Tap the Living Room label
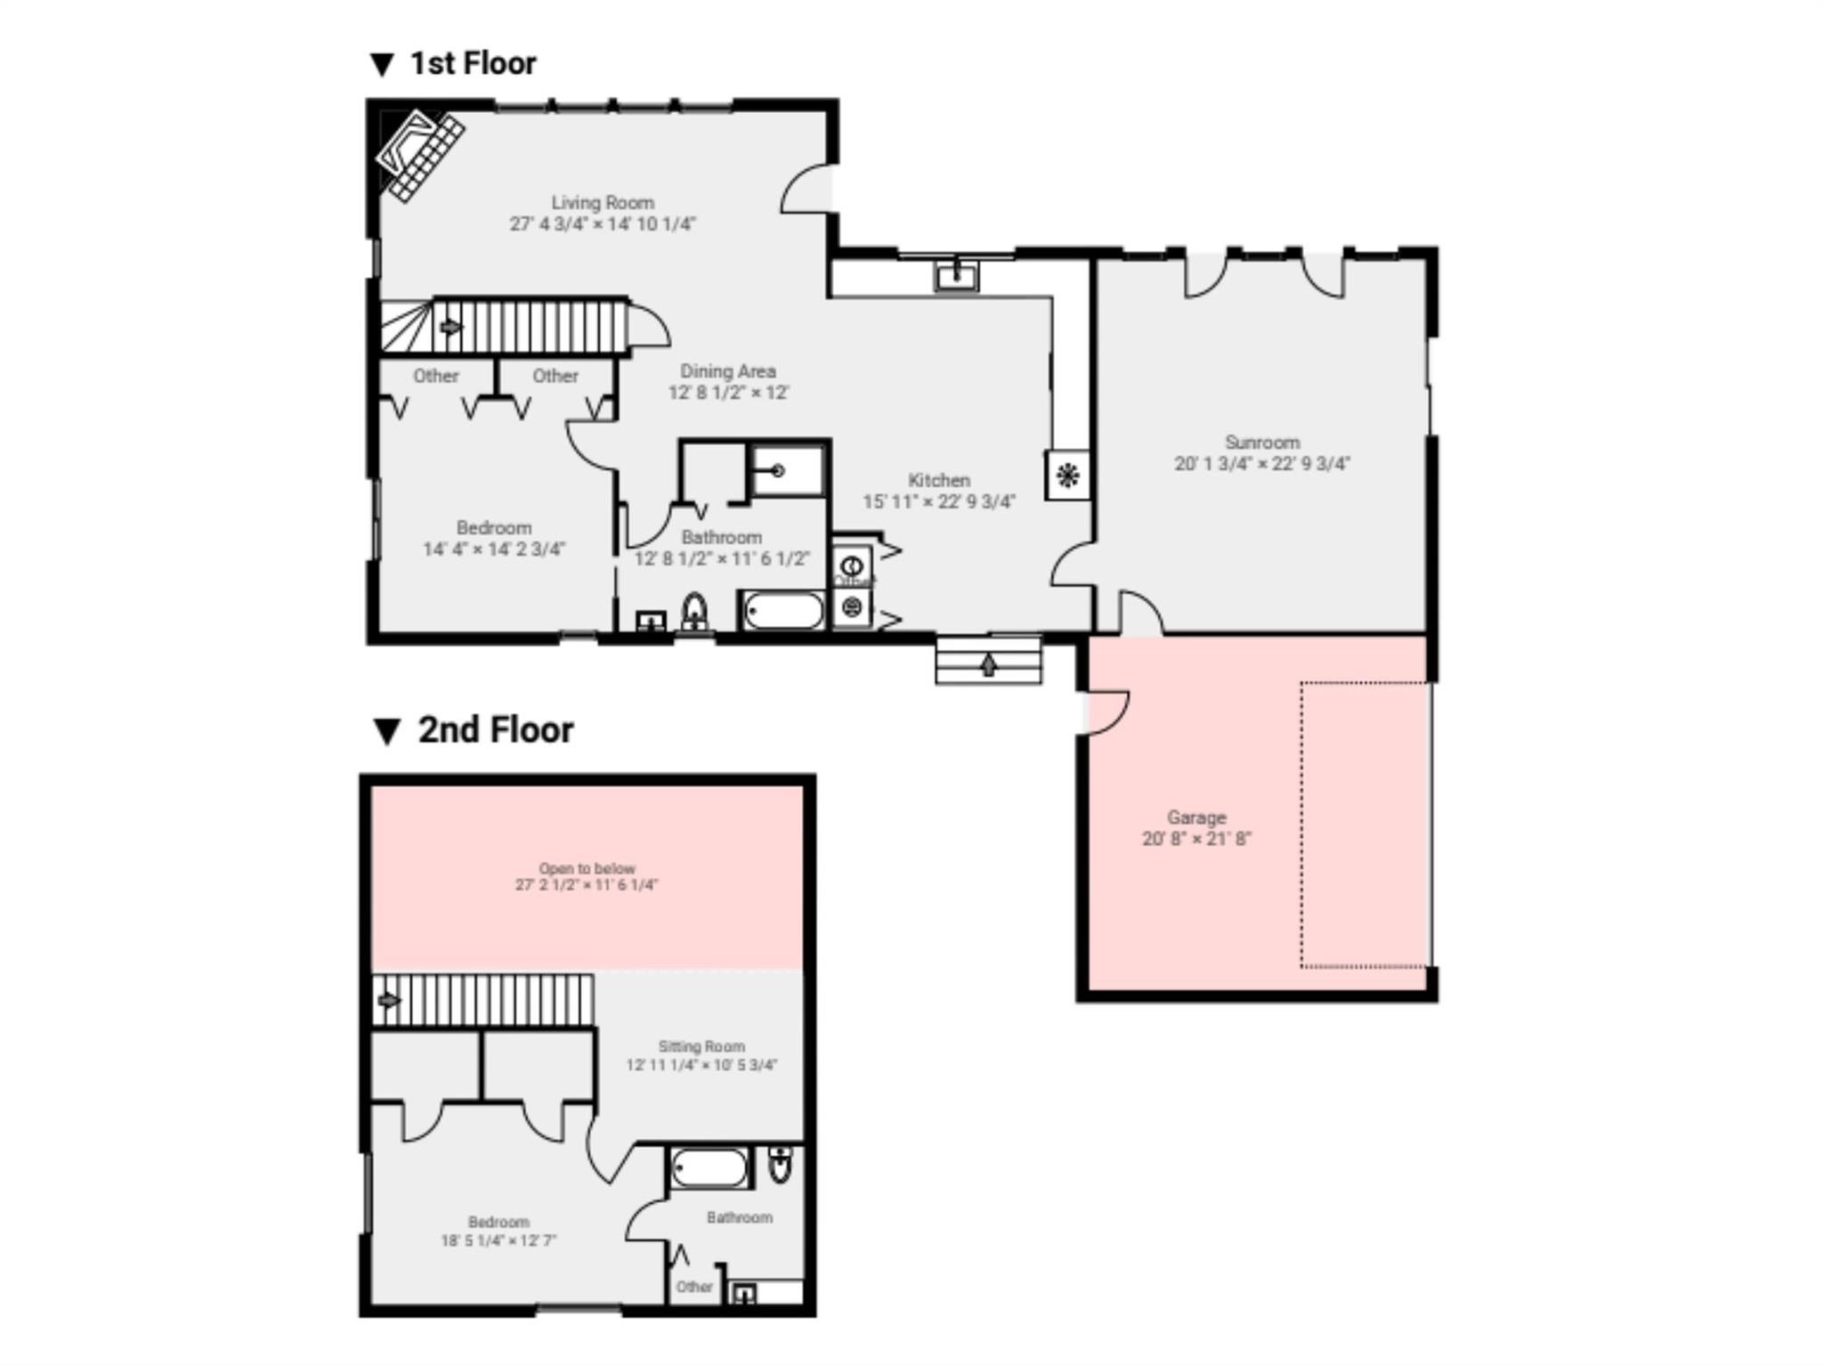(x=603, y=203)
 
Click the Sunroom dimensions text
(x=1261, y=464)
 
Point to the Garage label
(x=1196, y=817)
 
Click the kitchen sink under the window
(x=956, y=275)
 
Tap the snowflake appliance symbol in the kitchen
(x=1067, y=475)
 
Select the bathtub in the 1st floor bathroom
(x=783, y=611)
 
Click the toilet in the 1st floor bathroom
(x=694, y=612)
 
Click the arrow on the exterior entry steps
(x=988, y=664)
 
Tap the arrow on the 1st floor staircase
(x=451, y=328)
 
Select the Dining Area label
(x=728, y=371)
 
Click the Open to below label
(x=587, y=868)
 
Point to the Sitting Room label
(x=701, y=1046)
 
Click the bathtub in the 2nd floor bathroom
(x=709, y=1168)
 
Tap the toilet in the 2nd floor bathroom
(x=780, y=1165)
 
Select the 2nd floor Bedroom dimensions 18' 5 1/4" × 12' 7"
(x=498, y=1240)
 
